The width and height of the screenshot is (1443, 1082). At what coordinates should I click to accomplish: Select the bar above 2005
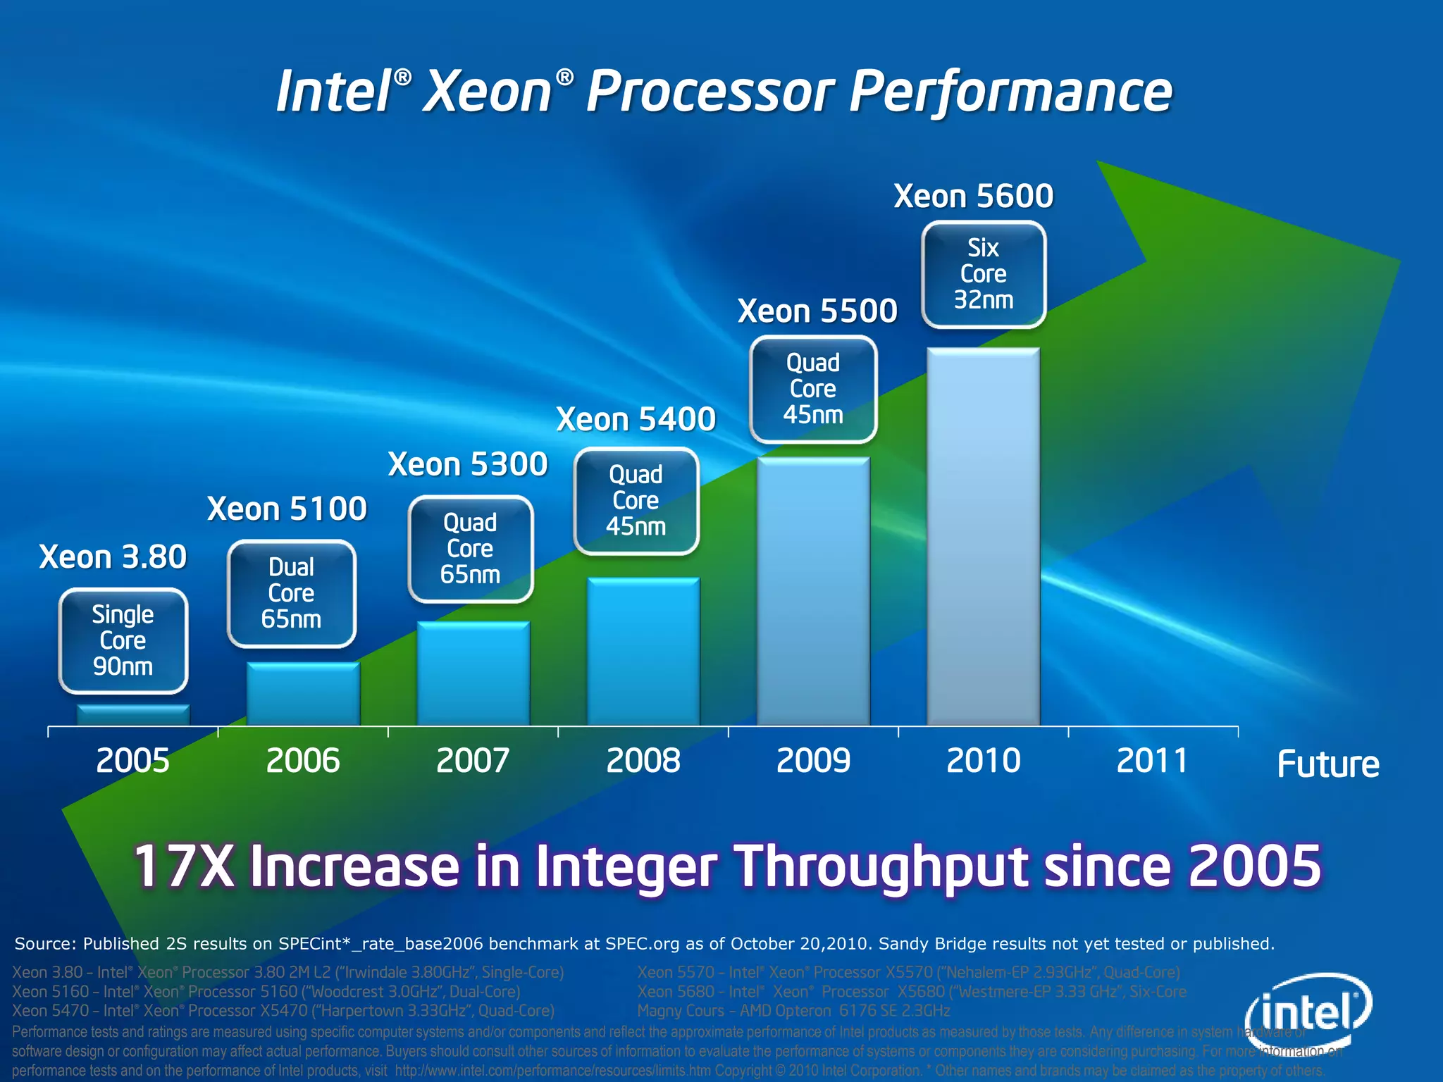pyautogui.click(x=133, y=715)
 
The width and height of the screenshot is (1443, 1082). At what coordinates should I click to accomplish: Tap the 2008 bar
pyautogui.click(x=643, y=652)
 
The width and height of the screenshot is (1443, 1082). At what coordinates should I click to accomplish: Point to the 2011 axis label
pyautogui.click(x=1152, y=761)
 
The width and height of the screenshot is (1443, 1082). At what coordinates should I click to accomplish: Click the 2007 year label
pyautogui.click(x=473, y=761)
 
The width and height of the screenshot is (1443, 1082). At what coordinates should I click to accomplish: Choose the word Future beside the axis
pyautogui.click(x=1328, y=764)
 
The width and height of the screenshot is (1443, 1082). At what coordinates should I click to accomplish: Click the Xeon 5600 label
pyautogui.click(x=973, y=196)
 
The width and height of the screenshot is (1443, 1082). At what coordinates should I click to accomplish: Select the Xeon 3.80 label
pyautogui.click(x=113, y=557)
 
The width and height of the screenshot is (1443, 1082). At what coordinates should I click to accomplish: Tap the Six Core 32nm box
pyautogui.click(x=983, y=274)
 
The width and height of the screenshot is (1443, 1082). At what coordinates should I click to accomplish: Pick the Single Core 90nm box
pyautogui.click(x=123, y=640)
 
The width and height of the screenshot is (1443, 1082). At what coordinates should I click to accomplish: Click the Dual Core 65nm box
pyautogui.click(x=291, y=593)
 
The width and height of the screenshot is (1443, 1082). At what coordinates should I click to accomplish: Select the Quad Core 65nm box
pyautogui.click(x=470, y=549)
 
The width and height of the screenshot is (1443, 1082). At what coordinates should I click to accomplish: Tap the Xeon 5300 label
pyautogui.click(x=467, y=464)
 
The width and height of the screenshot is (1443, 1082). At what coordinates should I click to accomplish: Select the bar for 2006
pyautogui.click(x=303, y=694)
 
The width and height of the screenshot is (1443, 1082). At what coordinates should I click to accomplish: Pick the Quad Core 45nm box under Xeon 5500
pyautogui.click(x=813, y=389)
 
